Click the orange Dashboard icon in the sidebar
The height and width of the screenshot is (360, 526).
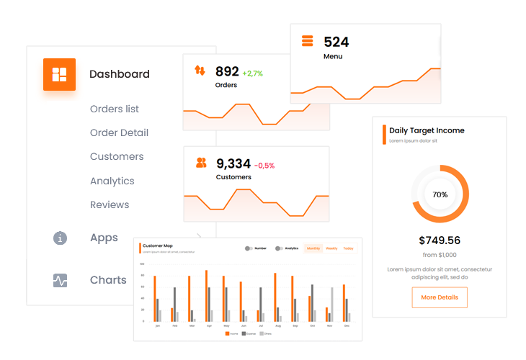tap(59, 74)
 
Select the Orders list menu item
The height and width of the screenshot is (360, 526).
tap(115, 109)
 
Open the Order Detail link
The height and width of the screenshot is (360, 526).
tap(119, 132)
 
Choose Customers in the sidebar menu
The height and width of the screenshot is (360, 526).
tap(117, 156)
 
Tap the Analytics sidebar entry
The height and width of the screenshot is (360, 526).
tap(112, 181)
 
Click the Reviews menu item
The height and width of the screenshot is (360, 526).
tap(110, 204)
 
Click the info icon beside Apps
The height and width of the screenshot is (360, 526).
tap(61, 238)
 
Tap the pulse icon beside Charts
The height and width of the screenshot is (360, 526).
tap(61, 280)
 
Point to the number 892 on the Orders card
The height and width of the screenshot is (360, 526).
tap(227, 71)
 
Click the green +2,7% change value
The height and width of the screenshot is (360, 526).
tap(252, 73)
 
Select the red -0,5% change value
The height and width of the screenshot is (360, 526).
tap(264, 166)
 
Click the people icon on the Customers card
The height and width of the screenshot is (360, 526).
tap(201, 163)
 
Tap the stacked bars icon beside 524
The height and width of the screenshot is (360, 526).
tap(308, 41)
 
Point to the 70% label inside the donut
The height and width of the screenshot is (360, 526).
tap(440, 194)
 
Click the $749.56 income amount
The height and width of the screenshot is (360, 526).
tap(440, 240)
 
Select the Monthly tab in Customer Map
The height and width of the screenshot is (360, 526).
tap(313, 248)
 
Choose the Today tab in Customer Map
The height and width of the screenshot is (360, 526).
tap(348, 248)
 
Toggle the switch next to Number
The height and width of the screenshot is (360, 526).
tap(249, 248)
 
